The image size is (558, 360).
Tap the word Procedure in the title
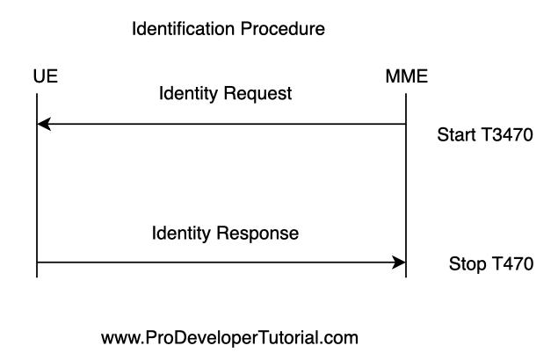(x=283, y=28)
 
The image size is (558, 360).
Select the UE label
(x=46, y=76)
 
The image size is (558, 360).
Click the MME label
(x=407, y=76)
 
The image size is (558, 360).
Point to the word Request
(x=258, y=94)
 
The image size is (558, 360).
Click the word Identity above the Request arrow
(x=188, y=94)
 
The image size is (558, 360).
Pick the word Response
(x=257, y=234)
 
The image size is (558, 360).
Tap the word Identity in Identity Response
(x=181, y=234)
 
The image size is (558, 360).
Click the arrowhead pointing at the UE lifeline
(x=44, y=124)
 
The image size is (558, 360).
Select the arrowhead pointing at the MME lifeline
(x=399, y=263)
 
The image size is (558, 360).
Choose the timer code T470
(x=512, y=264)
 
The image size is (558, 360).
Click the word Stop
(x=467, y=264)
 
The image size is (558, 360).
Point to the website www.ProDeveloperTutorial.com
(x=230, y=337)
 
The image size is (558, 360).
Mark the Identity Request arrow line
(x=221, y=124)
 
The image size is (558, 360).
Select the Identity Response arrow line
(x=221, y=263)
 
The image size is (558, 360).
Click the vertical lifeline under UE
(x=37, y=185)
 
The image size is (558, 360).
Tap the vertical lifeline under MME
(x=406, y=185)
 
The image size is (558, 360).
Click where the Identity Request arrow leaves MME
(x=406, y=124)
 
